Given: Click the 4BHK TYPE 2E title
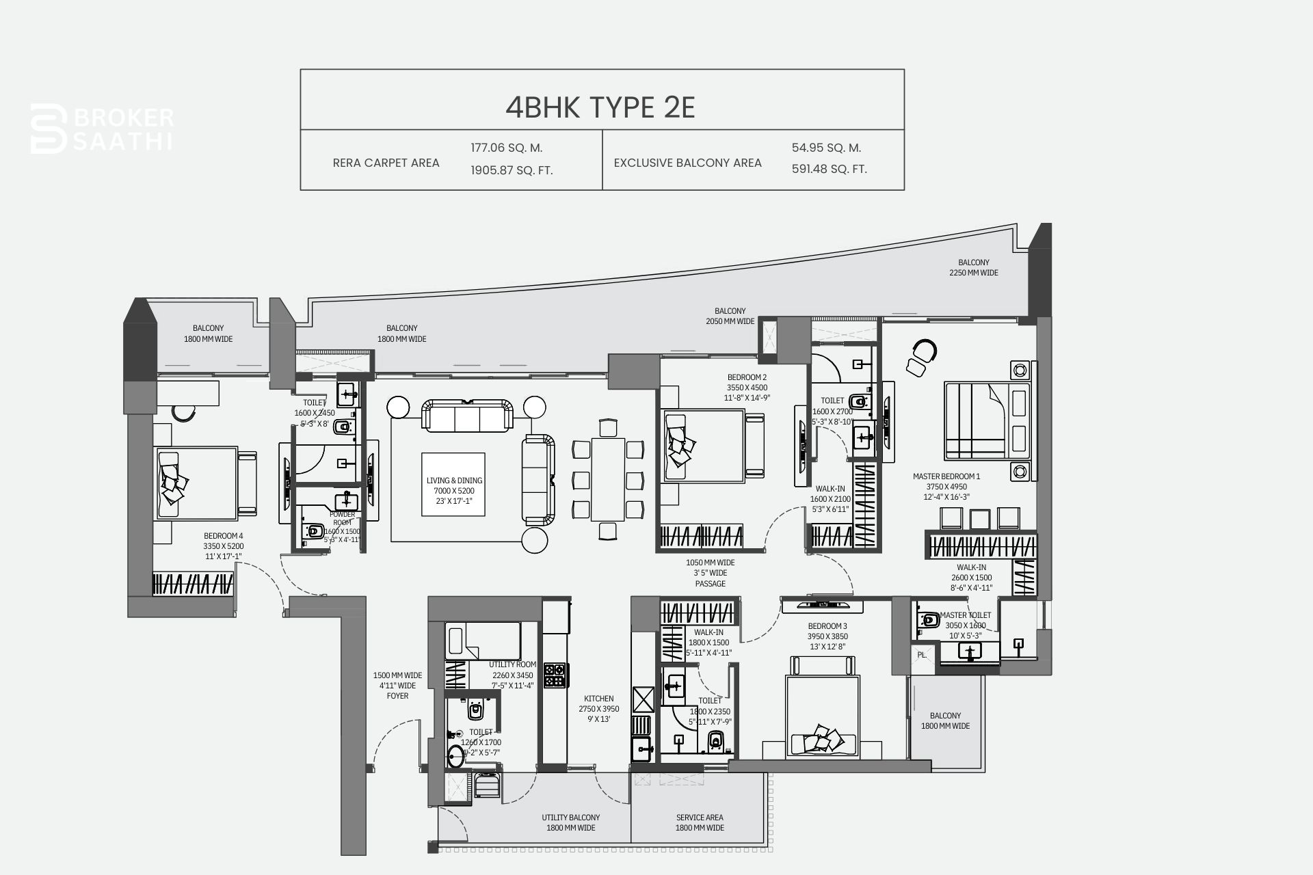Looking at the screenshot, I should coord(600,107).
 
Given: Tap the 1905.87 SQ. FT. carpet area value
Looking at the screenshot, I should coord(511,170).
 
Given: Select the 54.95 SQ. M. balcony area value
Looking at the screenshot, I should coord(826,148).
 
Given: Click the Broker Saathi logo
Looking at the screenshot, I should coord(103,129).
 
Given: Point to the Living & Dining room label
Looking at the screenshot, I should coord(453,491).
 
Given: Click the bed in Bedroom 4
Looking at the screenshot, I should coord(204,483).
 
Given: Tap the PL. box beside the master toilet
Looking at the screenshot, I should coord(921,655).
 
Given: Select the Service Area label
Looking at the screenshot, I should coord(700,822).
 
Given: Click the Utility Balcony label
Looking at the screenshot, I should coord(570,822).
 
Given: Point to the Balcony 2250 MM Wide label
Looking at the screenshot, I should coord(973,267).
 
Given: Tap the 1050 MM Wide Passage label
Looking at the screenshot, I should coord(710,573).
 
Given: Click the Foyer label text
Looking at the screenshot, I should coord(397,686).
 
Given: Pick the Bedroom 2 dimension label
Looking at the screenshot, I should coord(747,388).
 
